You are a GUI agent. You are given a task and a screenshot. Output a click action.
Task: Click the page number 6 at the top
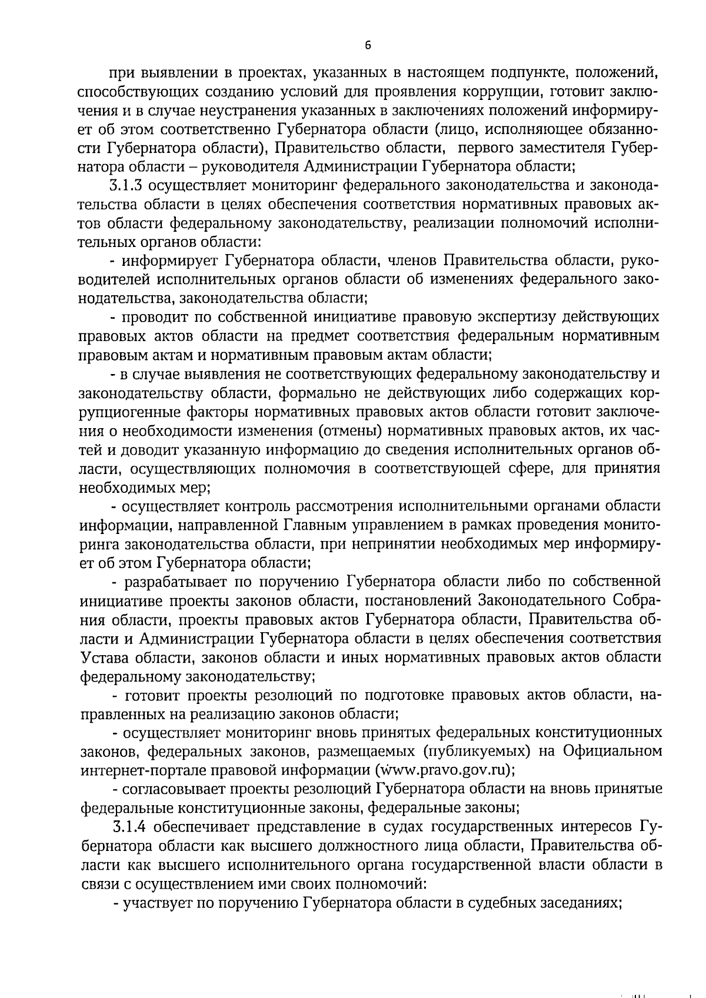point(367,46)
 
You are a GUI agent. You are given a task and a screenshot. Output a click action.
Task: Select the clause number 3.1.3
point(126,186)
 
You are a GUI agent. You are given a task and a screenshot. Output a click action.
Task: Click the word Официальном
point(612,751)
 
